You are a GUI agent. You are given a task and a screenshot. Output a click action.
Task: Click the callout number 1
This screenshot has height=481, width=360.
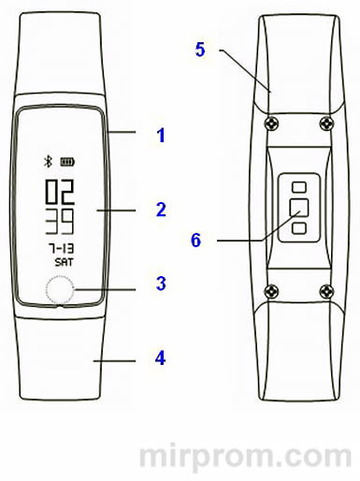point(160,136)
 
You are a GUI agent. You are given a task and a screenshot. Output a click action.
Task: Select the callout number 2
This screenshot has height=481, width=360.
point(160,209)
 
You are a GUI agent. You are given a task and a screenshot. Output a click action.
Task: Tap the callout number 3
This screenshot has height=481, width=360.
point(160,283)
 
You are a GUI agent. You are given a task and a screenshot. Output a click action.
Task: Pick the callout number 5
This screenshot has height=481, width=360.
point(200,49)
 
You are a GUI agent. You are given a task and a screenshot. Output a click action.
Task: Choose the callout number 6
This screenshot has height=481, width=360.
point(195,240)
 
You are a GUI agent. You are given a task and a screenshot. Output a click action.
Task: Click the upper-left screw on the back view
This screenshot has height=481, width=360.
point(270,124)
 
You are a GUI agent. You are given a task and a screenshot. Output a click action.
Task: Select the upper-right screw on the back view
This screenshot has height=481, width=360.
point(324,124)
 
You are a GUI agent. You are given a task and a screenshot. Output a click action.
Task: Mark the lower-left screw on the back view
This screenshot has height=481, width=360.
point(270,289)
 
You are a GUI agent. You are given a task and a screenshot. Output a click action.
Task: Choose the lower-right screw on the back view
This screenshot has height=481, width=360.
point(324,289)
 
